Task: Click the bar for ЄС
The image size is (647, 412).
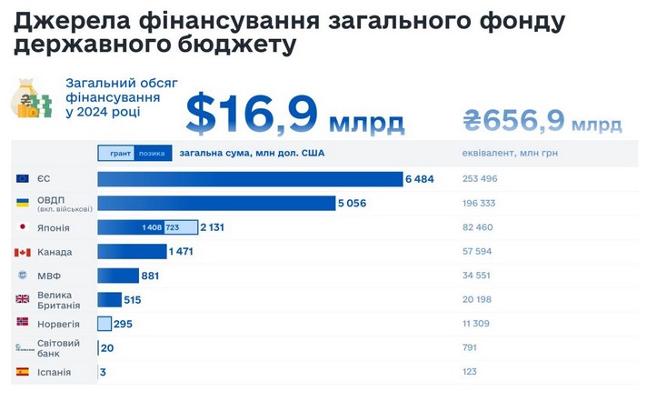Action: point(250,179)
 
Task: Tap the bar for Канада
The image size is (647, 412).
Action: point(132,251)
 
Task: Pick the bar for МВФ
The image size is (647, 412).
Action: point(118,276)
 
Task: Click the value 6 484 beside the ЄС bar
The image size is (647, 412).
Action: point(420,179)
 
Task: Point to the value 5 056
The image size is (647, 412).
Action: point(352,203)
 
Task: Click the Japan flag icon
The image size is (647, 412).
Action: point(23,227)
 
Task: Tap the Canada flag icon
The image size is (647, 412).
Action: point(23,252)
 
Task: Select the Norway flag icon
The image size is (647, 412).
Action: point(23,323)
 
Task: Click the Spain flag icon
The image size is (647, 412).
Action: point(23,372)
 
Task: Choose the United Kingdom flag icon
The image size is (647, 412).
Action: point(23,299)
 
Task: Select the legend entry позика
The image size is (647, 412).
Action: point(152,154)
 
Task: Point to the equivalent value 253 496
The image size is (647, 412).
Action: point(480,179)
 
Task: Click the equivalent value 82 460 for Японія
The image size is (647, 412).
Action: point(478,227)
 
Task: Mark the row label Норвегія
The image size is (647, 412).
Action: point(58,324)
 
